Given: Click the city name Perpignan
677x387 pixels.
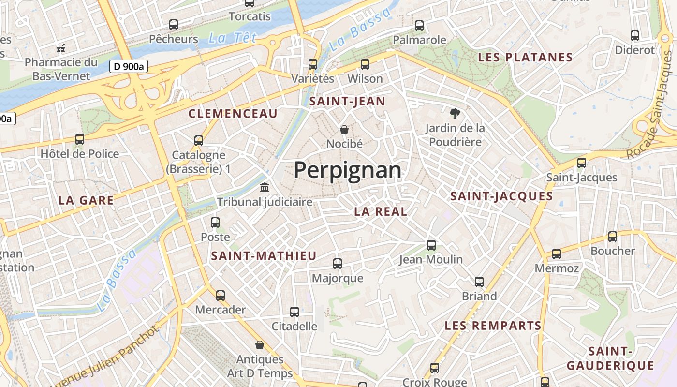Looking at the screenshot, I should click(347, 170).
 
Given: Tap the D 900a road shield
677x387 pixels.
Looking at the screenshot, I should click(128, 67).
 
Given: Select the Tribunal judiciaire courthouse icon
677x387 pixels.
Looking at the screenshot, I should click(265, 187).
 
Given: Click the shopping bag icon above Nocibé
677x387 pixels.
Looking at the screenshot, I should click(344, 129).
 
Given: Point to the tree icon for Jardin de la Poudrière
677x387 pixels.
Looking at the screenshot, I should click(455, 114).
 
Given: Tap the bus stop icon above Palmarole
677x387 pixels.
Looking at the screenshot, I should click(419, 25).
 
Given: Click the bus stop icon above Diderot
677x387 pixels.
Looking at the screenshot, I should click(634, 35).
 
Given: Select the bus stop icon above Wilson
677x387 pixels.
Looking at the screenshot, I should click(365, 64).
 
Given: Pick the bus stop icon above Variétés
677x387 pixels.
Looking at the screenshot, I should click(313, 64).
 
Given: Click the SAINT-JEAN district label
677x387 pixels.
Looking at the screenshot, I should click(347, 102).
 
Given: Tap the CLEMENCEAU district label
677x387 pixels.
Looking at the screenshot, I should click(233, 114).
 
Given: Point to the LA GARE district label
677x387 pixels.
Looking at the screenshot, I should click(86, 200).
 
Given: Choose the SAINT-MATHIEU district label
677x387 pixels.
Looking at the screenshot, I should click(264, 256).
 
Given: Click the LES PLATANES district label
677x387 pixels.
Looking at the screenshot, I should click(525, 57).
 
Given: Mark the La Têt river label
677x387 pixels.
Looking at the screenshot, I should click(232, 38).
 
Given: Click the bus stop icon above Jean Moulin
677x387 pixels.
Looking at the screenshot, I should click(431, 245).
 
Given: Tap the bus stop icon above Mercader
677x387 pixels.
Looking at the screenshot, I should click(221, 295).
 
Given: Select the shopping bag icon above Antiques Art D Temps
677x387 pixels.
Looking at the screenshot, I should click(260, 345).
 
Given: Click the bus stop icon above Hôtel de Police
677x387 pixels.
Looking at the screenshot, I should click(80, 139).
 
